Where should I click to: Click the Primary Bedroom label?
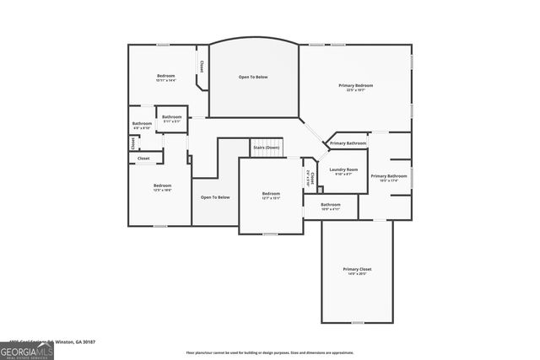pos(355,86)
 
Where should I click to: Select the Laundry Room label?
pos(343,169)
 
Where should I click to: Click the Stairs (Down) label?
pos(266,148)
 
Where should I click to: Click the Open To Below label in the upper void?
pos(252,77)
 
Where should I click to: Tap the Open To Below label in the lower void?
pos(214,197)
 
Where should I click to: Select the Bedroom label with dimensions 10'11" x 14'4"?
pos(165,77)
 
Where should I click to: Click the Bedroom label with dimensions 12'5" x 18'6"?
pos(162,185)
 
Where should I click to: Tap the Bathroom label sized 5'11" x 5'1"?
pos(172,117)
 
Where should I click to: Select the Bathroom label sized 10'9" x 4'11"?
pos(330,205)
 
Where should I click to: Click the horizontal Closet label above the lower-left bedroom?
pos(143,158)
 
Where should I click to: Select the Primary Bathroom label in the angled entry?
pos(348,143)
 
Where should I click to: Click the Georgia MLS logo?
pos(27,349)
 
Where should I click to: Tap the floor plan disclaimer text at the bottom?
pos(269,352)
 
